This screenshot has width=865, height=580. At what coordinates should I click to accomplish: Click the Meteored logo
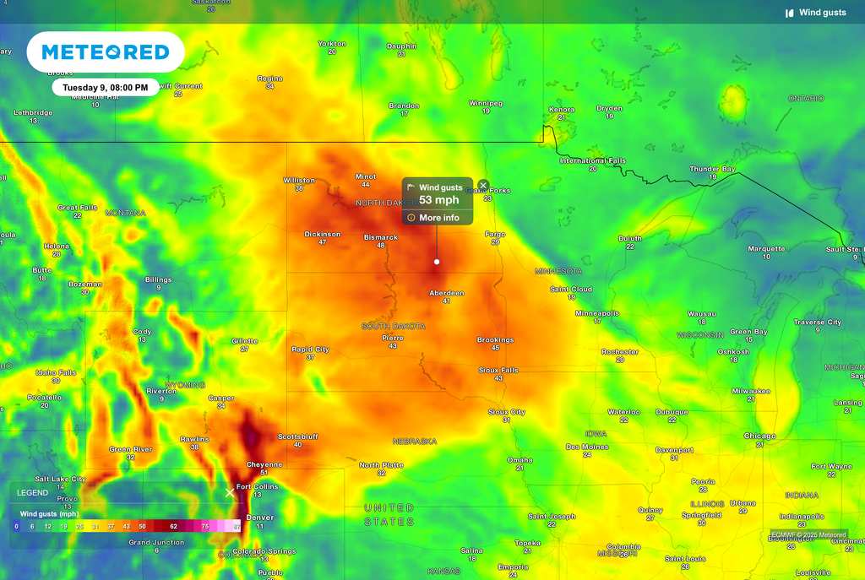[106, 52]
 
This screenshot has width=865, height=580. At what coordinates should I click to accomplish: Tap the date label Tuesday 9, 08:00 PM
[106, 87]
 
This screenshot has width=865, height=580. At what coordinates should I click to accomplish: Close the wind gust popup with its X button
[483, 185]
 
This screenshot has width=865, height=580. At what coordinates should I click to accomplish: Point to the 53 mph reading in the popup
[439, 200]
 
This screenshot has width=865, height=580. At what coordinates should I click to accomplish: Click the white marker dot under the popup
[437, 262]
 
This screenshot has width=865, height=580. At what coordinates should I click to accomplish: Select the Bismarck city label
[380, 237]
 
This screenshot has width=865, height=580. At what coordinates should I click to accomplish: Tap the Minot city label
[365, 176]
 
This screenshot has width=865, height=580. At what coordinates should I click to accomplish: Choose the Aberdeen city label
[447, 293]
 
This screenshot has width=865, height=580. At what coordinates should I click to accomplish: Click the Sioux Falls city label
[498, 370]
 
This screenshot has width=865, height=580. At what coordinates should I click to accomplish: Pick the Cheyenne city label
[264, 464]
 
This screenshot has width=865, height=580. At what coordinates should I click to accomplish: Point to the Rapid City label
[310, 350]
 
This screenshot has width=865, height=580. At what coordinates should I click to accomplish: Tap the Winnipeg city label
[486, 103]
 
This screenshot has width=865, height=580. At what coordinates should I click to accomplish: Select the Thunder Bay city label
[712, 169]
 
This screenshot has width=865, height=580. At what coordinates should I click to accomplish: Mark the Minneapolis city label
[597, 313]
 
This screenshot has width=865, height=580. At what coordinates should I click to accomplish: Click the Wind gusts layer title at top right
[822, 13]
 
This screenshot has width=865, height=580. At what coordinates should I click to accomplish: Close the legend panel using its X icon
[230, 492]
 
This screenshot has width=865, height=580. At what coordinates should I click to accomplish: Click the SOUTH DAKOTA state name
[393, 326]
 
